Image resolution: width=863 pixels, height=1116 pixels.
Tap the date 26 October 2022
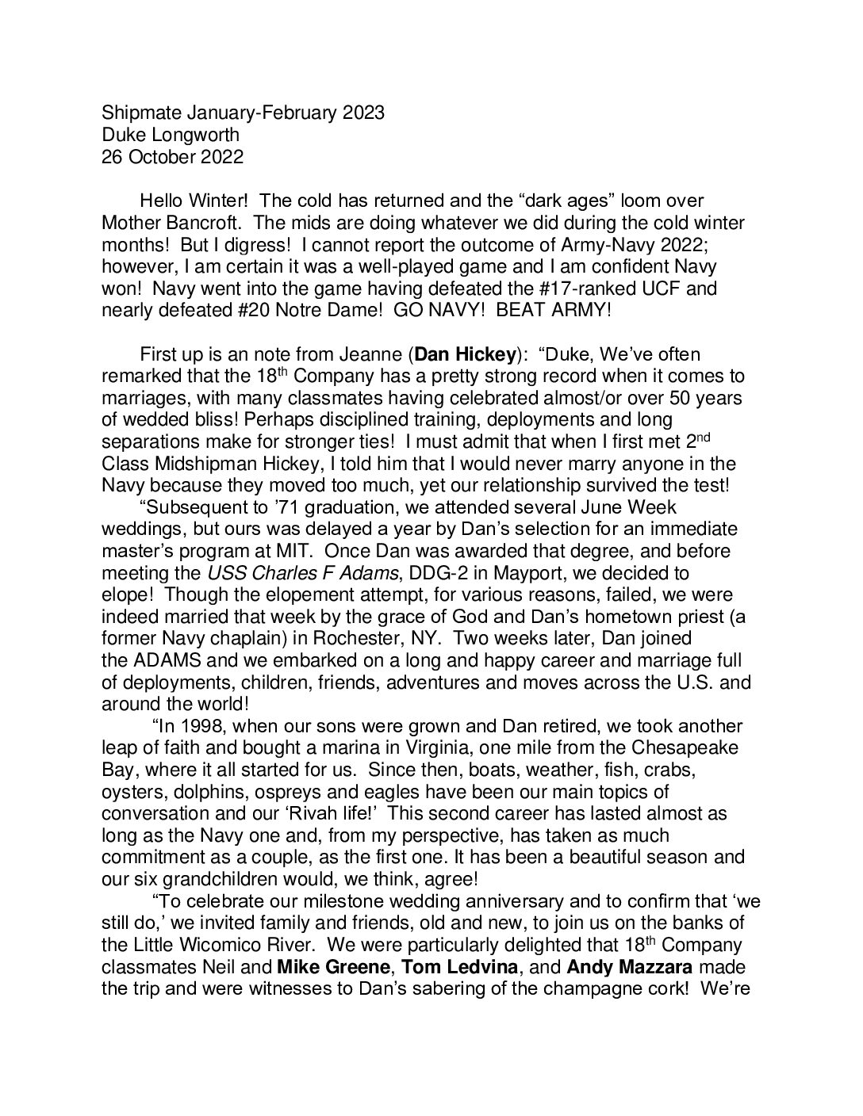click(173, 157)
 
